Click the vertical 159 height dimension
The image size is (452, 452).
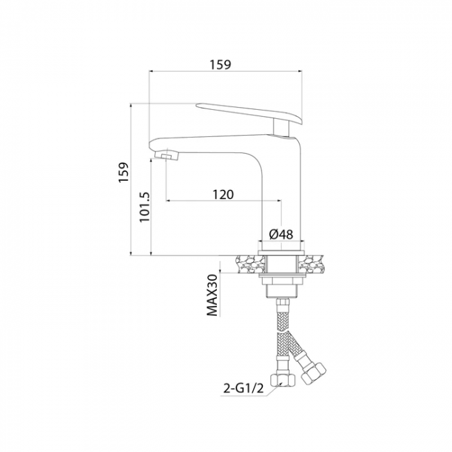tap(123, 172)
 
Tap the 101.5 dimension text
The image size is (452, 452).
tap(145, 207)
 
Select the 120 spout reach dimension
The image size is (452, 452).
tap(223, 195)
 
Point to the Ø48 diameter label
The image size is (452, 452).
tap(281, 234)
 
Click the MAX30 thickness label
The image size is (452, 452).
tap(212, 295)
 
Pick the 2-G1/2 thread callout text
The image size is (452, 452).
tap(243, 389)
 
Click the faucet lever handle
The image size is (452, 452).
tap(250, 113)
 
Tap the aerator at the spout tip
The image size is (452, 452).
tap(167, 156)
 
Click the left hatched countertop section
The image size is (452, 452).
tap(250, 264)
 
